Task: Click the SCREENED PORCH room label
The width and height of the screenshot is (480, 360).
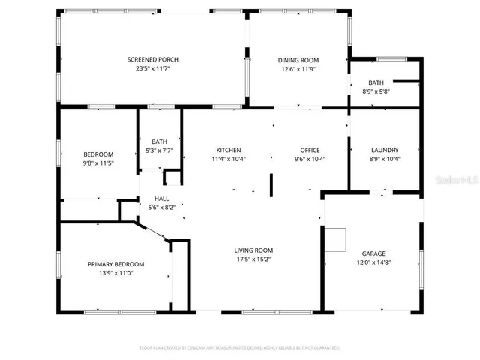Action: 152,60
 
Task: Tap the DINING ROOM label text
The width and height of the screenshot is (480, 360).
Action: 298,60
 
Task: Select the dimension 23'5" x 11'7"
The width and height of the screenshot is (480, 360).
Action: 152,69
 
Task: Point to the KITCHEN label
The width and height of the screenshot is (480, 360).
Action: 229,150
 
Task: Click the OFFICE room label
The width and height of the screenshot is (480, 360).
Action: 310,150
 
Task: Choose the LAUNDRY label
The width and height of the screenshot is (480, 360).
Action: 385,150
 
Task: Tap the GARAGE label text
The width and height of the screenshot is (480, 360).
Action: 373,253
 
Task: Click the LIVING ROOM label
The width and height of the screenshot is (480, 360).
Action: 253,250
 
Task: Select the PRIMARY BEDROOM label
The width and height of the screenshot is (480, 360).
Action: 115,264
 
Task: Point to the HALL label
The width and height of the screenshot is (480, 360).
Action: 161,199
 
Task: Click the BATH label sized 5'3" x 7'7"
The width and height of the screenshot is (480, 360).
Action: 159,142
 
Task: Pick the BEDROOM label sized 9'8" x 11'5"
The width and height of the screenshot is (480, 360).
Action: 98,154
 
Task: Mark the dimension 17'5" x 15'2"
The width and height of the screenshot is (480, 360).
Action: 253,259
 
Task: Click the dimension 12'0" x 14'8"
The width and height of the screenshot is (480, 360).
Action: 373,262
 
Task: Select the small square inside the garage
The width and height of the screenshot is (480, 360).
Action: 335,239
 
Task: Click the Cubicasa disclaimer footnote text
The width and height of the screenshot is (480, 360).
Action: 240,347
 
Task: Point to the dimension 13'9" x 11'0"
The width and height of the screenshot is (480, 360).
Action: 115,273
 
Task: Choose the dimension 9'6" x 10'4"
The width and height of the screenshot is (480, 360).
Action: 310,159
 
